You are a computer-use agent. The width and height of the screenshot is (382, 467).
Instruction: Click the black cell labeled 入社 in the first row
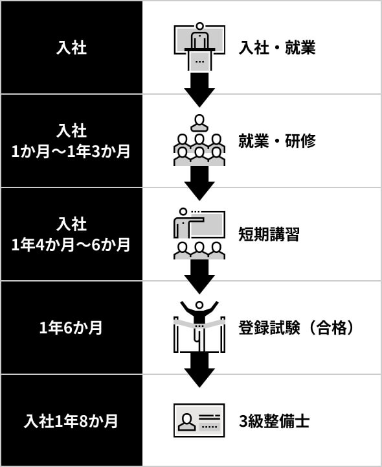(x=71, y=47)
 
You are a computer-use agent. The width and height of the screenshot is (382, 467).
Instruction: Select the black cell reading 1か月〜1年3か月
(x=71, y=141)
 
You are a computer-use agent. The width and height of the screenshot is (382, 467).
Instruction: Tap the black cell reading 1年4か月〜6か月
(x=71, y=234)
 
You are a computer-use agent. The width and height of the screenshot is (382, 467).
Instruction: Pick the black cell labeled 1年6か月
(x=71, y=328)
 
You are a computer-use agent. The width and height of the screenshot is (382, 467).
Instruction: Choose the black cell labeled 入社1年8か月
(x=71, y=421)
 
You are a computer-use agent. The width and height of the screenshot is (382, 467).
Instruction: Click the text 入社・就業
(x=276, y=47)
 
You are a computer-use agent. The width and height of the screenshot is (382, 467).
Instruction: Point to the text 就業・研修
(x=276, y=141)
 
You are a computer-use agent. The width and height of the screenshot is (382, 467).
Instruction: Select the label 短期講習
(x=269, y=234)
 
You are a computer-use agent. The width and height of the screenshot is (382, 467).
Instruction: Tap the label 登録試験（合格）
(x=298, y=328)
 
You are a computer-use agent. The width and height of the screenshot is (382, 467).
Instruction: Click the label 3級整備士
(x=274, y=421)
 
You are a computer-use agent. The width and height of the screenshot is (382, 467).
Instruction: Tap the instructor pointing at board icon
(x=199, y=233)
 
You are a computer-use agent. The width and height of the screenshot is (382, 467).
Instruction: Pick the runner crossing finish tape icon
(x=199, y=324)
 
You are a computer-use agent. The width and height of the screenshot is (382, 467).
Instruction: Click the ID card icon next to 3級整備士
(x=199, y=420)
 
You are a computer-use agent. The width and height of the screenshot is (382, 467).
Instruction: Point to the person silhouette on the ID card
(x=186, y=422)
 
